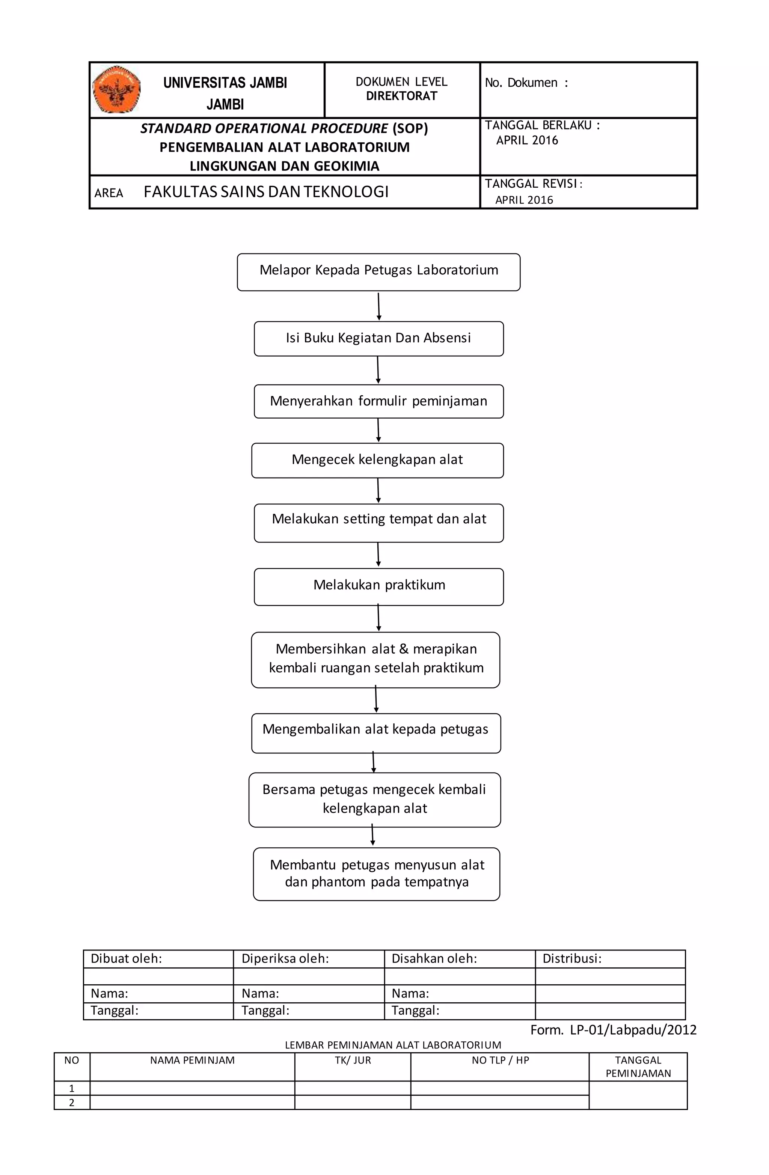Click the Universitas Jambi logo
(x=116, y=90)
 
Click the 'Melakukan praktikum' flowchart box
(x=379, y=587)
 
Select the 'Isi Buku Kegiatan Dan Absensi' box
(x=379, y=339)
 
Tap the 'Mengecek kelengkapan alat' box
(x=377, y=461)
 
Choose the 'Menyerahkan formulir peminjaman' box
(x=379, y=401)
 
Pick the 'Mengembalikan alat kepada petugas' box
(x=376, y=733)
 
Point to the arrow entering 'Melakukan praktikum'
(x=378, y=555)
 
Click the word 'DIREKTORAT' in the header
(x=401, y=96)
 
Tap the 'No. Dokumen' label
(x=526, y=83)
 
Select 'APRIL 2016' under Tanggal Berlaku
(x=527, y=140)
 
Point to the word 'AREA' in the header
(x=109, y=193)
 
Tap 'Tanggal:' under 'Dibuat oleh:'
(x=115, y=1011)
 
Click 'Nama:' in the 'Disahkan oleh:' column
(x=410, y=993)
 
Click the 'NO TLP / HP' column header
(x=500, y=1060)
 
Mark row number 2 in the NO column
(x=72, y=1103)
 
